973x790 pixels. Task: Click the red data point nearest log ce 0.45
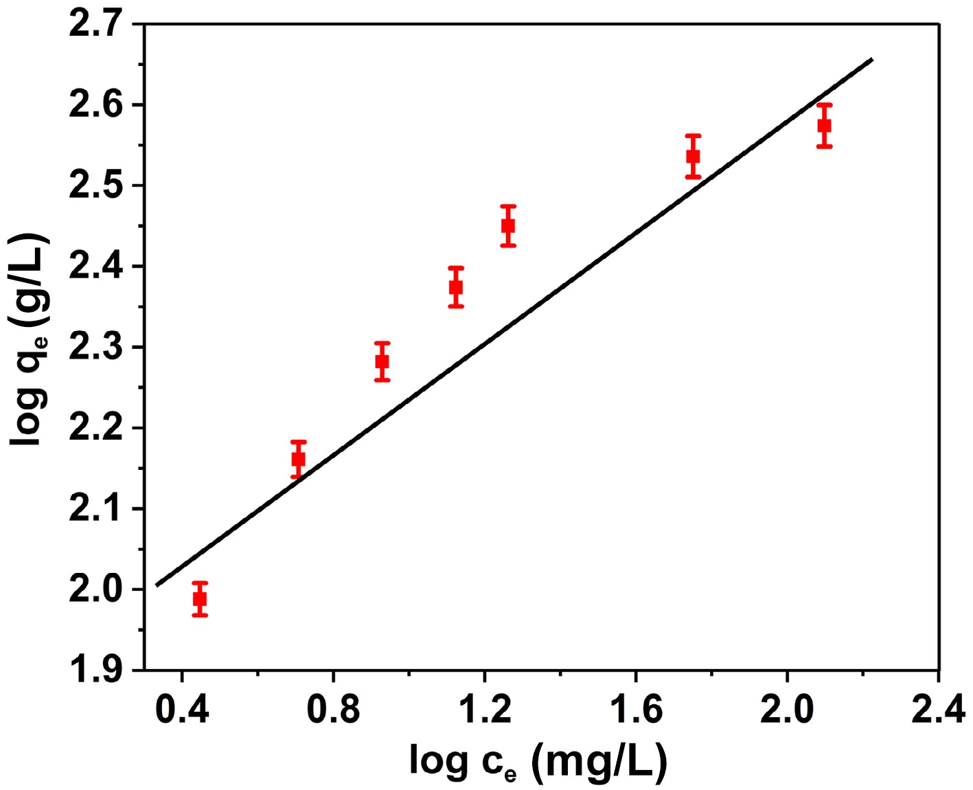[200, 598]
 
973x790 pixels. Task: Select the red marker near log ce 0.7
[298, 459]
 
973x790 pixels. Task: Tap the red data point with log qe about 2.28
[382, 361]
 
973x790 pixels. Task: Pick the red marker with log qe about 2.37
[456, 287]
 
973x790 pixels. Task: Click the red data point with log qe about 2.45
[508, 225]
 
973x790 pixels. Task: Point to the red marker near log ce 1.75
[693, 157]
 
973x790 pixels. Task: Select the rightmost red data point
[825, 126]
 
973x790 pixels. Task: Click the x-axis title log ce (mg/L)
[538, 762]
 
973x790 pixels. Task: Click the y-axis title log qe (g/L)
[29, 340]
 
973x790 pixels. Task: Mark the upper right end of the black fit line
[872, 59]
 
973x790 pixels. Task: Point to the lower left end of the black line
[157, 585]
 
